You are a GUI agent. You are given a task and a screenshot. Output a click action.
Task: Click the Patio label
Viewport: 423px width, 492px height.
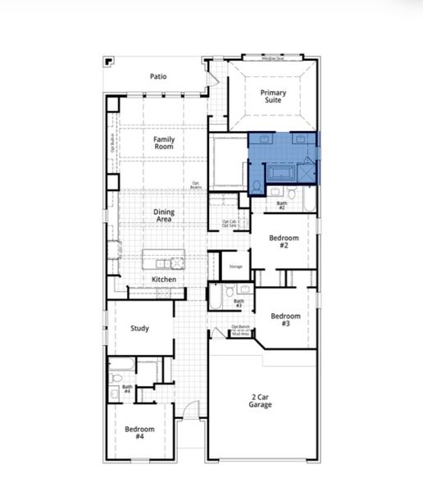click(x=158, y=76)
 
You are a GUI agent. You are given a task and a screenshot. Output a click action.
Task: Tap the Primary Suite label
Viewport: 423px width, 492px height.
click(x=274, y=97)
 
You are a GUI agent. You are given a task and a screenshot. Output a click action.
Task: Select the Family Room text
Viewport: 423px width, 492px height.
click(x=164, y=143)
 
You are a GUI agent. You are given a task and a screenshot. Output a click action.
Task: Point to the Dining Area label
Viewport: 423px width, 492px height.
click(x=164, y=216)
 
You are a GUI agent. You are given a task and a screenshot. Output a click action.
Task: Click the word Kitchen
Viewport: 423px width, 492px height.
click(x=164, y=280)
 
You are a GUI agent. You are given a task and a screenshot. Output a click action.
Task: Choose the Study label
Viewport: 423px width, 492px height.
click(x=140, y=329)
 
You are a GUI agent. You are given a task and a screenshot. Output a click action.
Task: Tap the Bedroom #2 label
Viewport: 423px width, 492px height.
click(x=284, y=242)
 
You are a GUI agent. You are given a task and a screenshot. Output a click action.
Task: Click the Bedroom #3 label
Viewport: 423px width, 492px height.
click(x=285, y=320)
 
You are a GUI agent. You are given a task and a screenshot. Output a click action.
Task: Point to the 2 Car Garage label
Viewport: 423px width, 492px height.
click(x=262, y=400)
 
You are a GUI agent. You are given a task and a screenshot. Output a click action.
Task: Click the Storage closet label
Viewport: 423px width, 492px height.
click(x=235, y=267)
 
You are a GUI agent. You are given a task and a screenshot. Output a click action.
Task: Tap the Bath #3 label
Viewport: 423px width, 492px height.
click(x=239, y=303)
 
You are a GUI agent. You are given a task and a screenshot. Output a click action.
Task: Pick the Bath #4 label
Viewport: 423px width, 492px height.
click(x=127, y=389)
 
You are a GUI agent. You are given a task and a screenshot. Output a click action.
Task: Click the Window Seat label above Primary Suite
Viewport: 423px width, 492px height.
click(x=273, y=59)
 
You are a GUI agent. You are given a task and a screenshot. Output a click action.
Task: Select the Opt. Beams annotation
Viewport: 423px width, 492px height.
click(x=196, y=185)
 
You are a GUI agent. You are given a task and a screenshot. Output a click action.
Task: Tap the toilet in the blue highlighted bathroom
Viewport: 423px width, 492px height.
click(x=257, y=187)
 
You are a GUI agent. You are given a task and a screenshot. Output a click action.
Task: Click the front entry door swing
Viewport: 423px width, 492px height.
click(x=190, y=411)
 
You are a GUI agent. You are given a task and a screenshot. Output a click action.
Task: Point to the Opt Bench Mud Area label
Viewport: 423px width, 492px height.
click(x=240, y=332)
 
